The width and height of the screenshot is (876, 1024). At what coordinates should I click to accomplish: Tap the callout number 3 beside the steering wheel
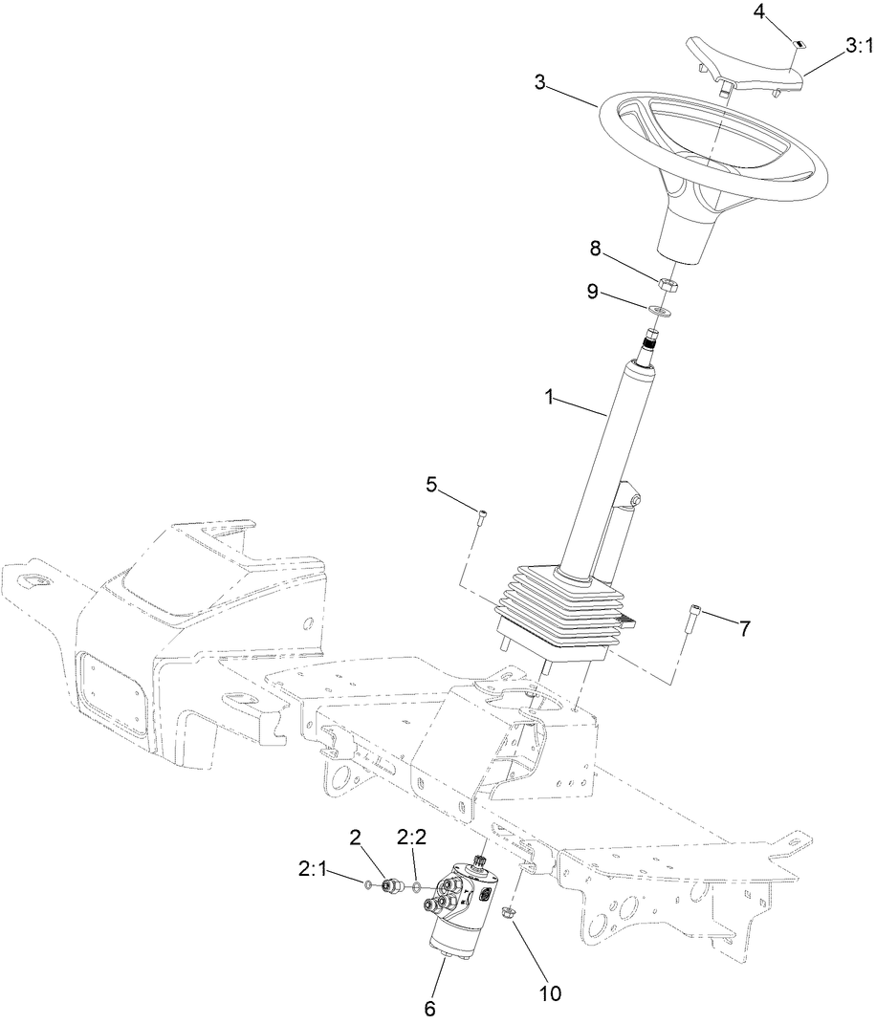coord(540,83)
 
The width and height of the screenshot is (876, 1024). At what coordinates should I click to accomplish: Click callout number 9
coord(593,291)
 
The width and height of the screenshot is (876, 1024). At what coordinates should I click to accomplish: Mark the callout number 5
coord(431,485)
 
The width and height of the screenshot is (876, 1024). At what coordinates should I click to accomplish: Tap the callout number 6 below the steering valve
coord(429,1007)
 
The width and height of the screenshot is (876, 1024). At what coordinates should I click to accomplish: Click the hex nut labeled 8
coord(667,282)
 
